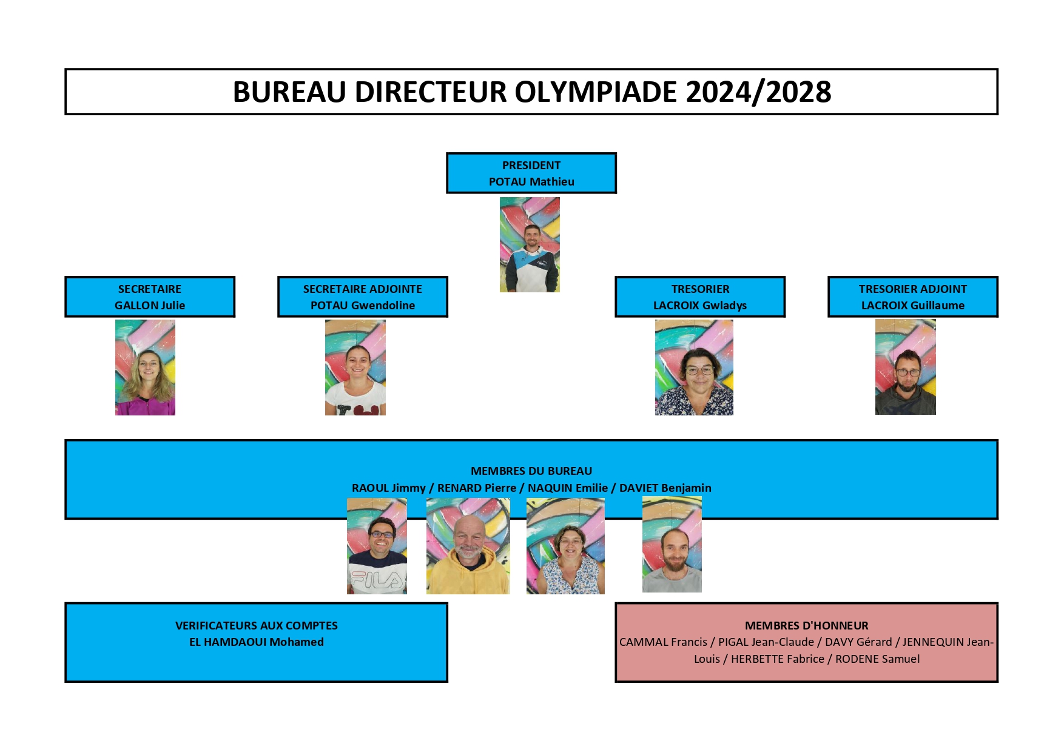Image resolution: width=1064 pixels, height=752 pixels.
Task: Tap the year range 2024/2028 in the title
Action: pyautogui.click(x=758, y=92)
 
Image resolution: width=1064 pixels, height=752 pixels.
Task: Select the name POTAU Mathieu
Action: pyautogui.click(x=531, y=181)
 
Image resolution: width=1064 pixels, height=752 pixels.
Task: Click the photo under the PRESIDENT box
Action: pyautogui.click(x=530, y=244)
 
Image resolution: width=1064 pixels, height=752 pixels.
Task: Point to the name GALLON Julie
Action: pyautogui.click(x=150, y=305)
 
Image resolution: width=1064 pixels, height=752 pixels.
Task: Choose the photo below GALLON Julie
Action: pyautogui.click(x=145, y=368)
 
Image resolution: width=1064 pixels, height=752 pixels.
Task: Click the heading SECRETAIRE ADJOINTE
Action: pyautogui.click(x=363, y=289)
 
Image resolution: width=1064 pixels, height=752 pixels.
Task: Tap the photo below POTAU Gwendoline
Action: pyautogui.click(x=355, y=368)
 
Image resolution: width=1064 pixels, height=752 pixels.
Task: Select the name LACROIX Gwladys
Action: pyautogui.click(x=700, y=305)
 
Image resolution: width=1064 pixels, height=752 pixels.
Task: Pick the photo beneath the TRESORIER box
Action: pyautogui.click(x=694, y=368)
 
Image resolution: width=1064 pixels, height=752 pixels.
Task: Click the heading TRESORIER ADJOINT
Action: pyautogui.click(x=913, y=289)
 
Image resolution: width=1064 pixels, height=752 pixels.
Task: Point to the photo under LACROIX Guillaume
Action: pyautogui.click(x=906, y=367)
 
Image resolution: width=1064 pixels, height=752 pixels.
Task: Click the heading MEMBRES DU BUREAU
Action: pyautogui.click(x=531, y=471)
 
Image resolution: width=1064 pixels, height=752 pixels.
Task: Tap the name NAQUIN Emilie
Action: pyautogui.click(x=568, y=488)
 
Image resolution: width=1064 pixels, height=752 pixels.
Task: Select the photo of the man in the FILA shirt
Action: pyautogui.click(x=377, y=546)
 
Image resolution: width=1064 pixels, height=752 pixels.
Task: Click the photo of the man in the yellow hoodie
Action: pyautogui.click(x=468, y=546)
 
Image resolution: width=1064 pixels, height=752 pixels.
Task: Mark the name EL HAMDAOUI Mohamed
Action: pyautogui.click(x=257, y=642)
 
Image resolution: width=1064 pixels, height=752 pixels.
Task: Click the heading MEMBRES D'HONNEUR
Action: pyautogui.click(x=807, y=625)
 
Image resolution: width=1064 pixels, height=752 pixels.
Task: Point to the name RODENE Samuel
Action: pyautogui.click(x=878, y=659)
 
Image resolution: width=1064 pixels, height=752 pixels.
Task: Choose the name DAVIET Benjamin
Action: pyautogui.click(x=665, y=488)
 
